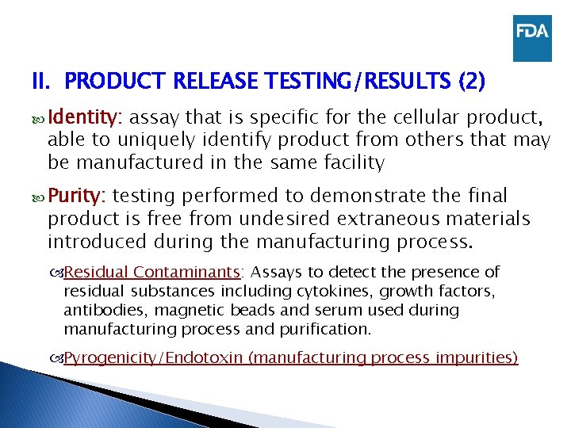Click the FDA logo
pos(531,38)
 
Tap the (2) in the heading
pos(471,82)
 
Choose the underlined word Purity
pos(80,196)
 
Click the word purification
pos(325,327)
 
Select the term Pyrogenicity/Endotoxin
pos(154,357)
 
